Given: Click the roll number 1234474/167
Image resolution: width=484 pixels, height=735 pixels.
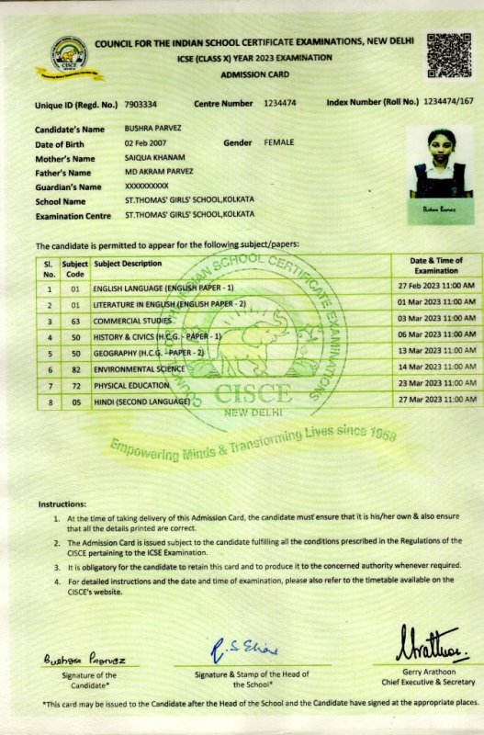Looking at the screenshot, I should click(x=449, y=104).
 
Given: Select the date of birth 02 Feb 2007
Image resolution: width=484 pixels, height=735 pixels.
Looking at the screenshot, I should click(x=149, y=143).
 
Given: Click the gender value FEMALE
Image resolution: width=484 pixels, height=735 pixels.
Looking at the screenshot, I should click(x=279, y=142).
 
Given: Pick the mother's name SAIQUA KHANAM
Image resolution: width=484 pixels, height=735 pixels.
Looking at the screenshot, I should click(x=154, y=158).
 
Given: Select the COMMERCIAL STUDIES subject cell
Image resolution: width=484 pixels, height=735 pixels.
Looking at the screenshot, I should click(x=133, y=321).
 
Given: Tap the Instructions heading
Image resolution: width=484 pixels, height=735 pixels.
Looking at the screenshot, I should click(x=62, y=504).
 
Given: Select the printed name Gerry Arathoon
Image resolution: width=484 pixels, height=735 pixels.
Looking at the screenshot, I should click(x=426, y=681).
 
